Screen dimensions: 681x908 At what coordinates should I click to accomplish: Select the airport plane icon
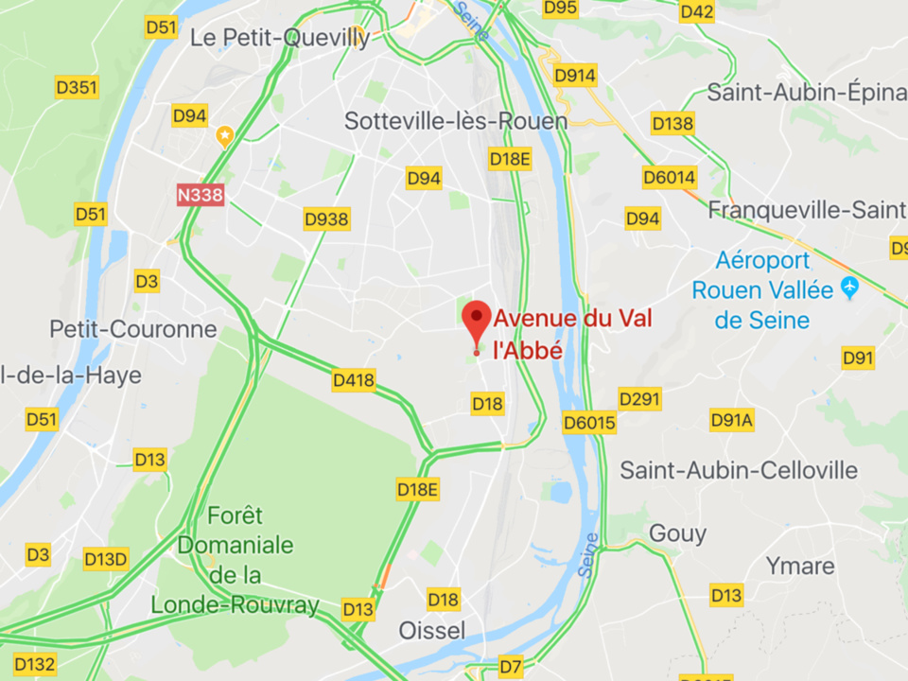click(849, 288)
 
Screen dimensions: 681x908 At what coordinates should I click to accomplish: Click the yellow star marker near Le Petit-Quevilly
click(224, 136)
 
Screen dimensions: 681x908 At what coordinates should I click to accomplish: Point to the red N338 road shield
click(201, 195)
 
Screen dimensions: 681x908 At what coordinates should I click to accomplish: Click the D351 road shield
click(77, 88)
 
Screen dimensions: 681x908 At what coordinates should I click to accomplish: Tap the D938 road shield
click(326, 219)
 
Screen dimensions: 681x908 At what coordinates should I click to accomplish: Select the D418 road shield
click(354, 381)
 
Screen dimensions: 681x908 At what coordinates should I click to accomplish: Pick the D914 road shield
click(575, 76)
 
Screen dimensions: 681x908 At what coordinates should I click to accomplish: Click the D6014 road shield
click(669, 177)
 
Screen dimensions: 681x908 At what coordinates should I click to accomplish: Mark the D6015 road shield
click(589, 423)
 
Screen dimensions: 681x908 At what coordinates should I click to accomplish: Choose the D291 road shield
click(639, 399)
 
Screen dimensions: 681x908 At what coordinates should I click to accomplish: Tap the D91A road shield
click(732, 420)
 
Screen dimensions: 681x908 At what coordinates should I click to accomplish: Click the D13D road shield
click(105, 559)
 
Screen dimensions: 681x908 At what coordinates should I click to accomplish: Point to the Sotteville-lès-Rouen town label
click(456, 121)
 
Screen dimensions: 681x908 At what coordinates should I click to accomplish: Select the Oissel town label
click(432, 630)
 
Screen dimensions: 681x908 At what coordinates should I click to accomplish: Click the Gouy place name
click(677, 533)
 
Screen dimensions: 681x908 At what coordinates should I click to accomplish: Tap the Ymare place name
click(800, 567)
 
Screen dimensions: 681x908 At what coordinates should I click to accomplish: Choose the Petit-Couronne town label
click(133, 329)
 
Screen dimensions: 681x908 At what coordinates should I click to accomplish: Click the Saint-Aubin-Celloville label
click(739, 470)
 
